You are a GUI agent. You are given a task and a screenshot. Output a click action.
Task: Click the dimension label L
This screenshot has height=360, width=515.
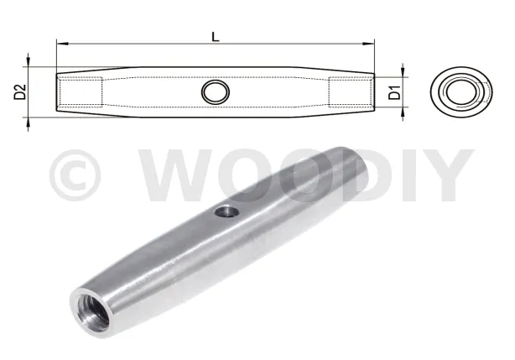(x=215, y=36)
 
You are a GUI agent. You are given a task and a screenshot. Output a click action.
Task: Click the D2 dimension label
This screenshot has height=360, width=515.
(x=20, y=91)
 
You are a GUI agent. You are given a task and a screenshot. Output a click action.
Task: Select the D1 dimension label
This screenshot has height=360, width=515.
(x=394, y=92)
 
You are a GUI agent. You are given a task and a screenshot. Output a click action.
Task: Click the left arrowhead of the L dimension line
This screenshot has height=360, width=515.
(x=62, y=43)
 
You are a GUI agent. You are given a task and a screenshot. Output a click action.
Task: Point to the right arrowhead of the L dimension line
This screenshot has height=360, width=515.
(x=368, y=43)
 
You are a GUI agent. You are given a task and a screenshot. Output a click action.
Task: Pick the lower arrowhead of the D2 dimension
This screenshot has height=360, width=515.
(x=28, y=123)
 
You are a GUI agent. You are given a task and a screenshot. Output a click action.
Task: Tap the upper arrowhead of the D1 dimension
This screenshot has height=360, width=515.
(x=403, y=71)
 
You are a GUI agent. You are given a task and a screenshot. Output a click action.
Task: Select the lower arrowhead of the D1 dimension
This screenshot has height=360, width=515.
(x=403, y=112)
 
